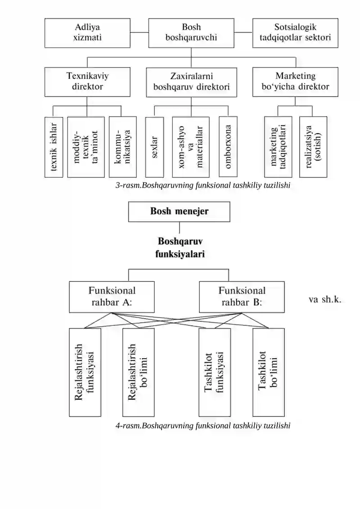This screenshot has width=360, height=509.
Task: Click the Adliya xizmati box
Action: (87, 33)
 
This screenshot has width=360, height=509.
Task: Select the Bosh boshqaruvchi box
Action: (191, 33)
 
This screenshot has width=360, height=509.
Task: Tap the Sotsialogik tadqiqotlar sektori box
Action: (295, 33)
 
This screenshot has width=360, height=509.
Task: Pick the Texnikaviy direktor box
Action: (87, 82)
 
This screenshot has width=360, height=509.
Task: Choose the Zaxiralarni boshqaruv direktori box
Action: (192, 82)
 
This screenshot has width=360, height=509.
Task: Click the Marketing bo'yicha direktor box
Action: (295, 82)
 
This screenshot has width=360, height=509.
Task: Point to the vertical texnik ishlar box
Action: (54, 147)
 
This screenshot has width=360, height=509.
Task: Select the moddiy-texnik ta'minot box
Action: (86, 147)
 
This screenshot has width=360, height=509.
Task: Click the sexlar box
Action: (154, 147)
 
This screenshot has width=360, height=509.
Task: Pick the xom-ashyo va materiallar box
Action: (191, 147)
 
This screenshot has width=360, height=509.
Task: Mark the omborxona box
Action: (228, 147)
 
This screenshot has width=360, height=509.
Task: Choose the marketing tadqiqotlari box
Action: (278, 147)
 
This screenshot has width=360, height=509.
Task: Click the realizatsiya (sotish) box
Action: (313, 147)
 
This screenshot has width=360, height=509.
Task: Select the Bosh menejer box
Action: (179, 212)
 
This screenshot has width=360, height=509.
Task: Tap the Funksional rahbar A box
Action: (112, 297)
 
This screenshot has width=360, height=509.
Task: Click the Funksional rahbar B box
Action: (242, 297)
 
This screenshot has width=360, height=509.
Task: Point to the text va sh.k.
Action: (325, 299)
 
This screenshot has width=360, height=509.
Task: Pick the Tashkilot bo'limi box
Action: (269, 372)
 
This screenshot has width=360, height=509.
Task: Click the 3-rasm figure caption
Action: (203, 185)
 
